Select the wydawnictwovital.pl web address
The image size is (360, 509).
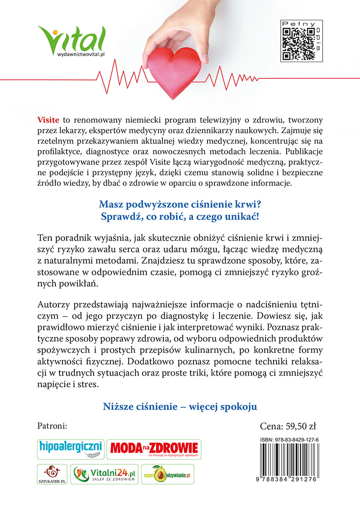pos(81,54)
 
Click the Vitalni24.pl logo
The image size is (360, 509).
pos(104,474)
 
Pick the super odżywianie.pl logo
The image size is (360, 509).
pos(167,474)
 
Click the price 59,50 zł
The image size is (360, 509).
pos(285,426)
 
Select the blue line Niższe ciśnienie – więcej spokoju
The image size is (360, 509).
pos(180,406)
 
